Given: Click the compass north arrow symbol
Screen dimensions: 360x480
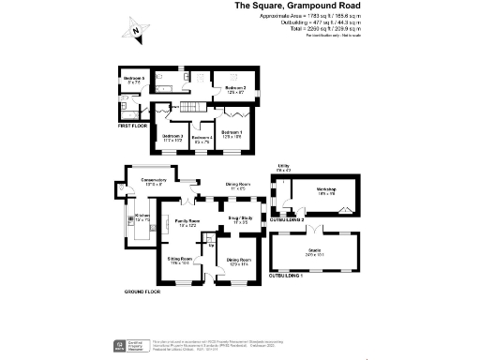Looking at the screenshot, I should click(x=137, y=32).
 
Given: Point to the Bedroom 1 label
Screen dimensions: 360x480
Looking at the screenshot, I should click(x=232, y=134).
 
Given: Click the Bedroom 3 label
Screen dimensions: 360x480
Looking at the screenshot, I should click(x=172, y=138).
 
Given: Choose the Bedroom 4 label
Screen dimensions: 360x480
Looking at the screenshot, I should click(x=202, y=140).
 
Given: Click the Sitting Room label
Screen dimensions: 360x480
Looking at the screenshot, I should click(x=180, y=259).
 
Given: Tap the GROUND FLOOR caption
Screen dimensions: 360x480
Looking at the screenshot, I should click(x=144, y=292).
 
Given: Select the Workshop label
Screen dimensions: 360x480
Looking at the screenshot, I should click(x=325, y=190).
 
